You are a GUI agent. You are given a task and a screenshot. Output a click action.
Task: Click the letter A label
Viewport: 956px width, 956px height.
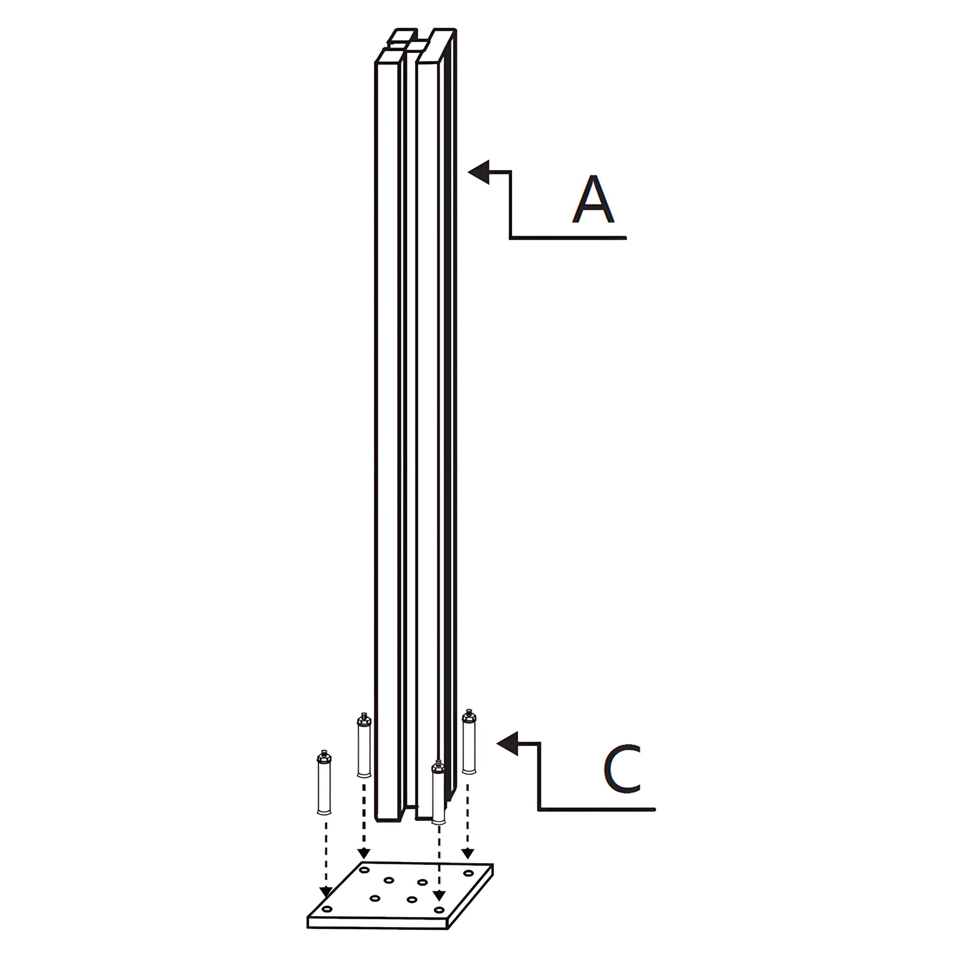coord(593,199)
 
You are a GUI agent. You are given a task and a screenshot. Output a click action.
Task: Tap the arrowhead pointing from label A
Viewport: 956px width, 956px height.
coord(478,172)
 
